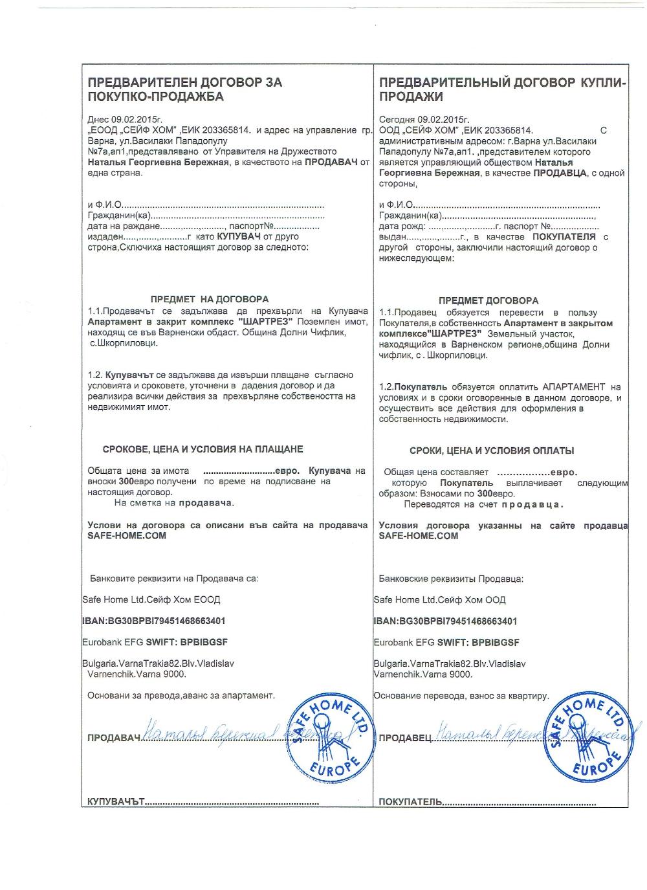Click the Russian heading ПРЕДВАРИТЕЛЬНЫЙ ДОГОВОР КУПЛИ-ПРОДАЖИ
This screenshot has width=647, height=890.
coord(503,90)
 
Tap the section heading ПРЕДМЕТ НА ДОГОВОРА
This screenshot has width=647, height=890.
coord(209,300)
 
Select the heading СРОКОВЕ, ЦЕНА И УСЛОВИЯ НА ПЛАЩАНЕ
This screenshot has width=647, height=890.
coord(203,449)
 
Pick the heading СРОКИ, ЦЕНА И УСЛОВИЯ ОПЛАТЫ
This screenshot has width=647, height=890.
coord(492,451)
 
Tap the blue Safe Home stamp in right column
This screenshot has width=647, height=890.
coord(591,737)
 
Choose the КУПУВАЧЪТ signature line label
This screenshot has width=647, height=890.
coord(115,802)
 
